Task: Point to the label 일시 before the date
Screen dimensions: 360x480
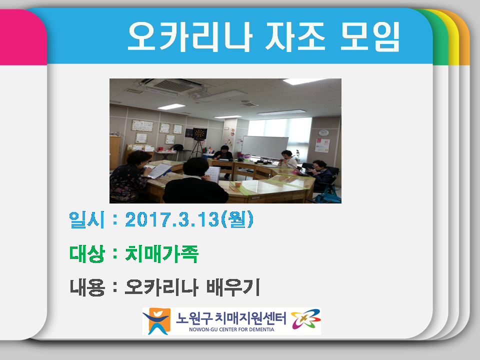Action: [86, 220]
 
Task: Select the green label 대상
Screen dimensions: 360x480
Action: [86, 254]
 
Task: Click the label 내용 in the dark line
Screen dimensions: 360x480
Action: [86, 287]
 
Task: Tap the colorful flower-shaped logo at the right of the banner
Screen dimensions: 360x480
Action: [305, 320]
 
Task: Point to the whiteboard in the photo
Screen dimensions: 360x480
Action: [265, 146]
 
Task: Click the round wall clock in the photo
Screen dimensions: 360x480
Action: [323, 132]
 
